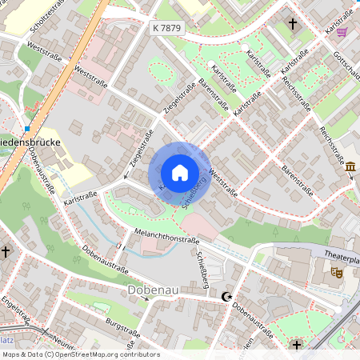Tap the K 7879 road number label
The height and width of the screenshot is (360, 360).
pos(166,28)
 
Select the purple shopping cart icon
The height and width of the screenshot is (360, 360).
pos(342,32)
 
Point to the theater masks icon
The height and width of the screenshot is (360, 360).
pos(337,272)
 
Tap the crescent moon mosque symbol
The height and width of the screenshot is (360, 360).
pos(226,297)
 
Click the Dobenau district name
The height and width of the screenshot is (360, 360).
pos(154,292)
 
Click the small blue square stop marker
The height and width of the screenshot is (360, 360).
pos(27,128)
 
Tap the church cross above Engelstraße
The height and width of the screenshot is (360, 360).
pos(6,251)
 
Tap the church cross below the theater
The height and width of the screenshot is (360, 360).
pos(297,345)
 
